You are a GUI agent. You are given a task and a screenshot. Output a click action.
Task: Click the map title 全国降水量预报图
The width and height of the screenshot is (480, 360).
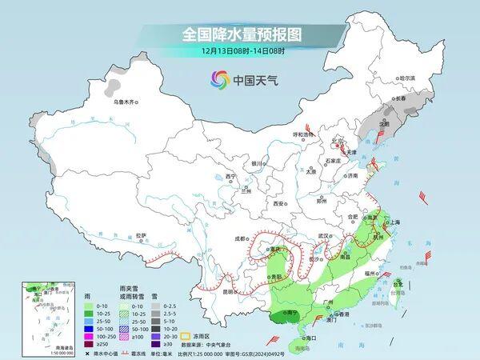point(240,34)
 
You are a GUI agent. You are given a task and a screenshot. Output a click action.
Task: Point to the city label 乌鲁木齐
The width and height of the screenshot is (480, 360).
point(126,102)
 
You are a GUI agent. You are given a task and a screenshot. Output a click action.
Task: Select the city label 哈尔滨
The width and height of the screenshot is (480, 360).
point(407,78)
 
